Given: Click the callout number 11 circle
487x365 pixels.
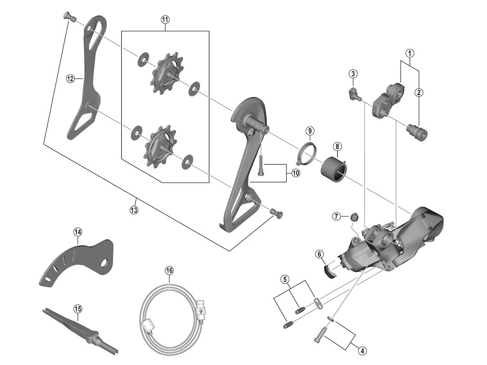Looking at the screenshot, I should [x=165, y=19].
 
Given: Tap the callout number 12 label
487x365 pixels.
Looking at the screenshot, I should [x=70, y=79].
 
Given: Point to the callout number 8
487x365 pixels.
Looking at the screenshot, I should [x=337, y=146].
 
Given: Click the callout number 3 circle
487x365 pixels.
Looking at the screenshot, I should [x=352, y=74].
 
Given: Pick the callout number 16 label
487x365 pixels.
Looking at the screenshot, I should [x=169, y=270].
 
